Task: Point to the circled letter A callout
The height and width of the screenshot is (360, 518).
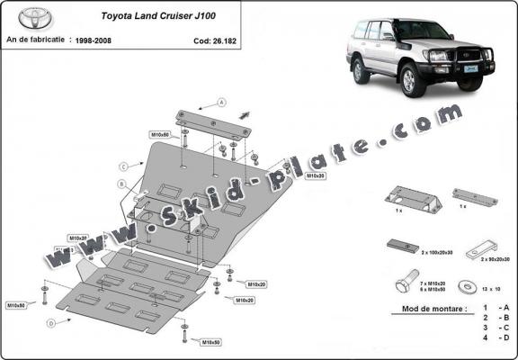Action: (x=220, y=102)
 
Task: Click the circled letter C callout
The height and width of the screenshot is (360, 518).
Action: (x=123, y=166)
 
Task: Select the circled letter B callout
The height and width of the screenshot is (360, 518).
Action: (x=121, y=184)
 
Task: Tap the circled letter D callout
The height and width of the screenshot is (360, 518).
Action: (x=51, y=321)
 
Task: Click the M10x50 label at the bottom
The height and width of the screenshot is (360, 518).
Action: (x=212, y=343)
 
